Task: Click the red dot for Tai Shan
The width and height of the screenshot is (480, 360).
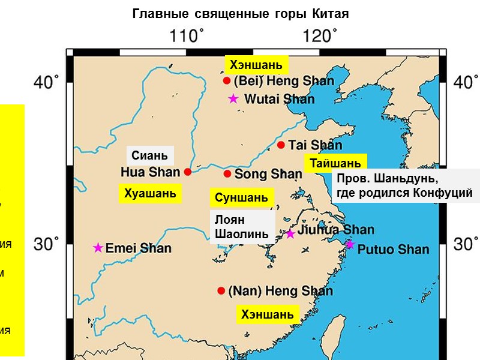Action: (x=281, y=145)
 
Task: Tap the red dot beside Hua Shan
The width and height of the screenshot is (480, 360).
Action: (x=188, y=172)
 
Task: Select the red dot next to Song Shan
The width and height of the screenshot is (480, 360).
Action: (x=227, y=174)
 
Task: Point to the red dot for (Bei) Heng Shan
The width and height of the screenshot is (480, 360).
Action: (x=227, y=80)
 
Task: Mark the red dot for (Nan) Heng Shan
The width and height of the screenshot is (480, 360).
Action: (x=221, y=290)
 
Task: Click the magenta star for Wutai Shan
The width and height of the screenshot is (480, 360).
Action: (x=233, y=99)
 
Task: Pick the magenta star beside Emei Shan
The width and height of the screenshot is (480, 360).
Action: (x=98, y=248)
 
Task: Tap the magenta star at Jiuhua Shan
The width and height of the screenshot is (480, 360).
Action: (x=290, y=233)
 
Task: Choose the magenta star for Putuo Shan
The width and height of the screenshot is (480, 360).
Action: (x=350, y=244)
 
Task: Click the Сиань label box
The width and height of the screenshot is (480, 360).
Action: (x=150, y=155)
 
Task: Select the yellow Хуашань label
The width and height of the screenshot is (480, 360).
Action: (x=150, y=193)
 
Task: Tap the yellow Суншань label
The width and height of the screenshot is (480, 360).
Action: (x=241, y=197)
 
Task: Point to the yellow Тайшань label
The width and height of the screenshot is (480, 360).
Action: (x=335, y=163)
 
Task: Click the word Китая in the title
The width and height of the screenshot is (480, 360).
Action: (x=329, y=13)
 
